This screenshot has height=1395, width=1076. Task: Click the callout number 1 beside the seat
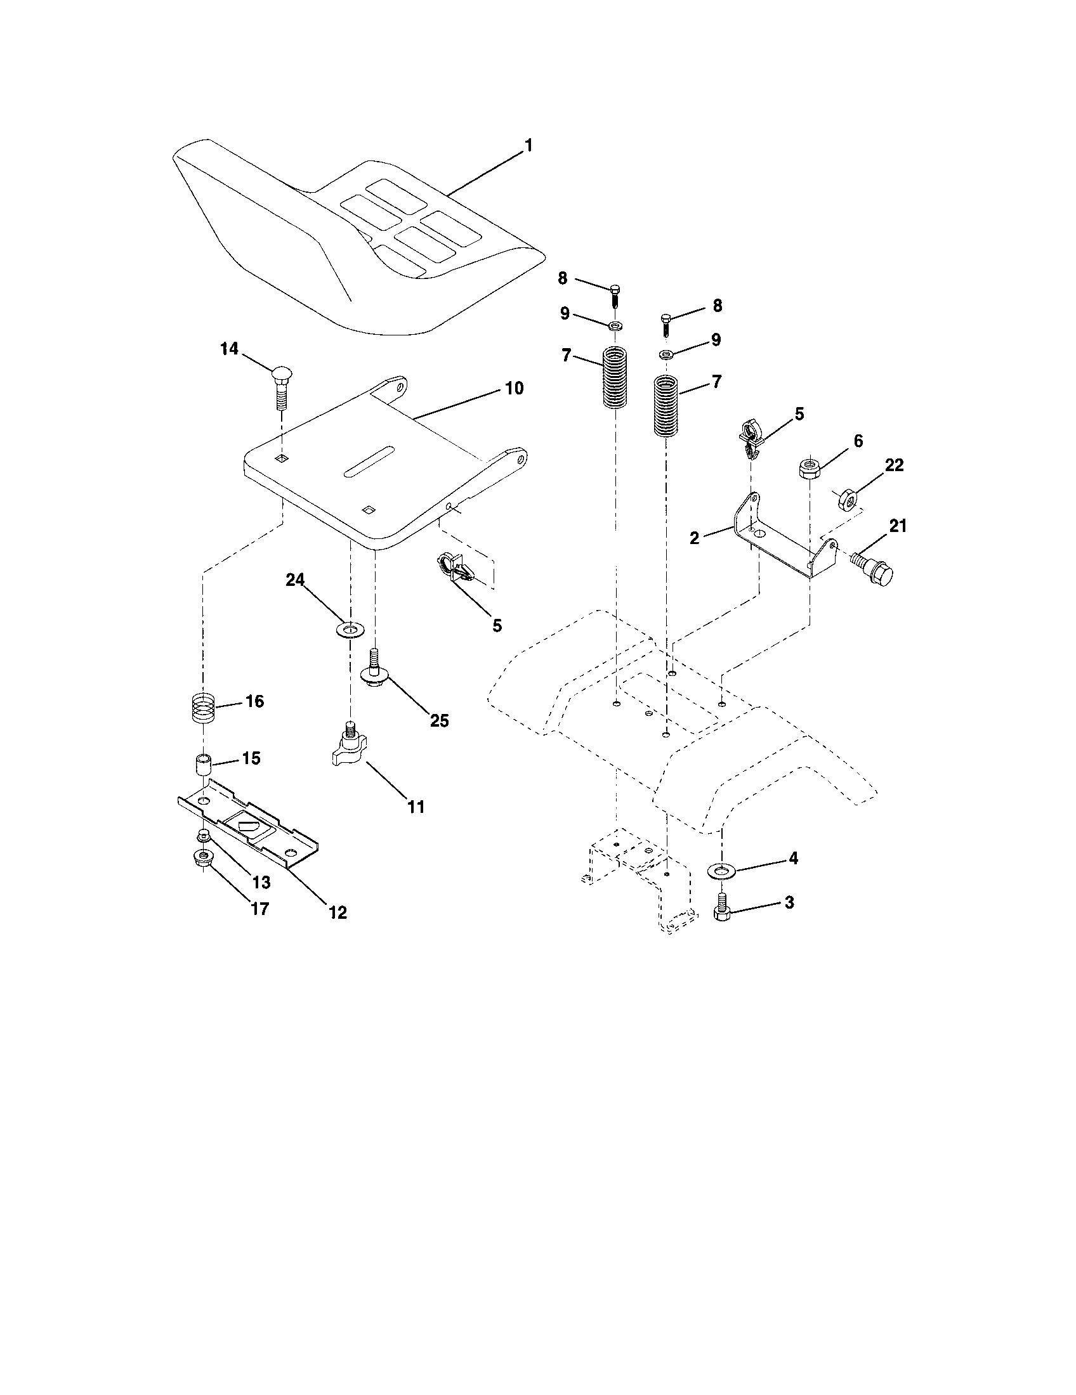pyautogui.click(x=528, y=146)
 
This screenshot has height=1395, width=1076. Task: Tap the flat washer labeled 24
pyautogui.click(x=350, y=630)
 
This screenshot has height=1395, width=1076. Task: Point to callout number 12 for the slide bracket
pyautogui.click(x=338, y=912)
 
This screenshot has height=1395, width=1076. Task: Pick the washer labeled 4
pyautogui.click(x=721, y=869)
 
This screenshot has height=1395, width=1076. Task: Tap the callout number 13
pyautogui.click(x=261, y=882)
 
